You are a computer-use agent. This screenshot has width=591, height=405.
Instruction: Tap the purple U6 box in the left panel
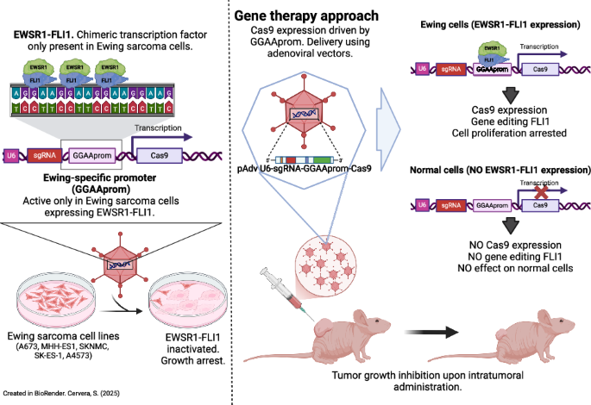[11, 155]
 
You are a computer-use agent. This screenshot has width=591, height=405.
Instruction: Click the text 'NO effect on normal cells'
[507, 270]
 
